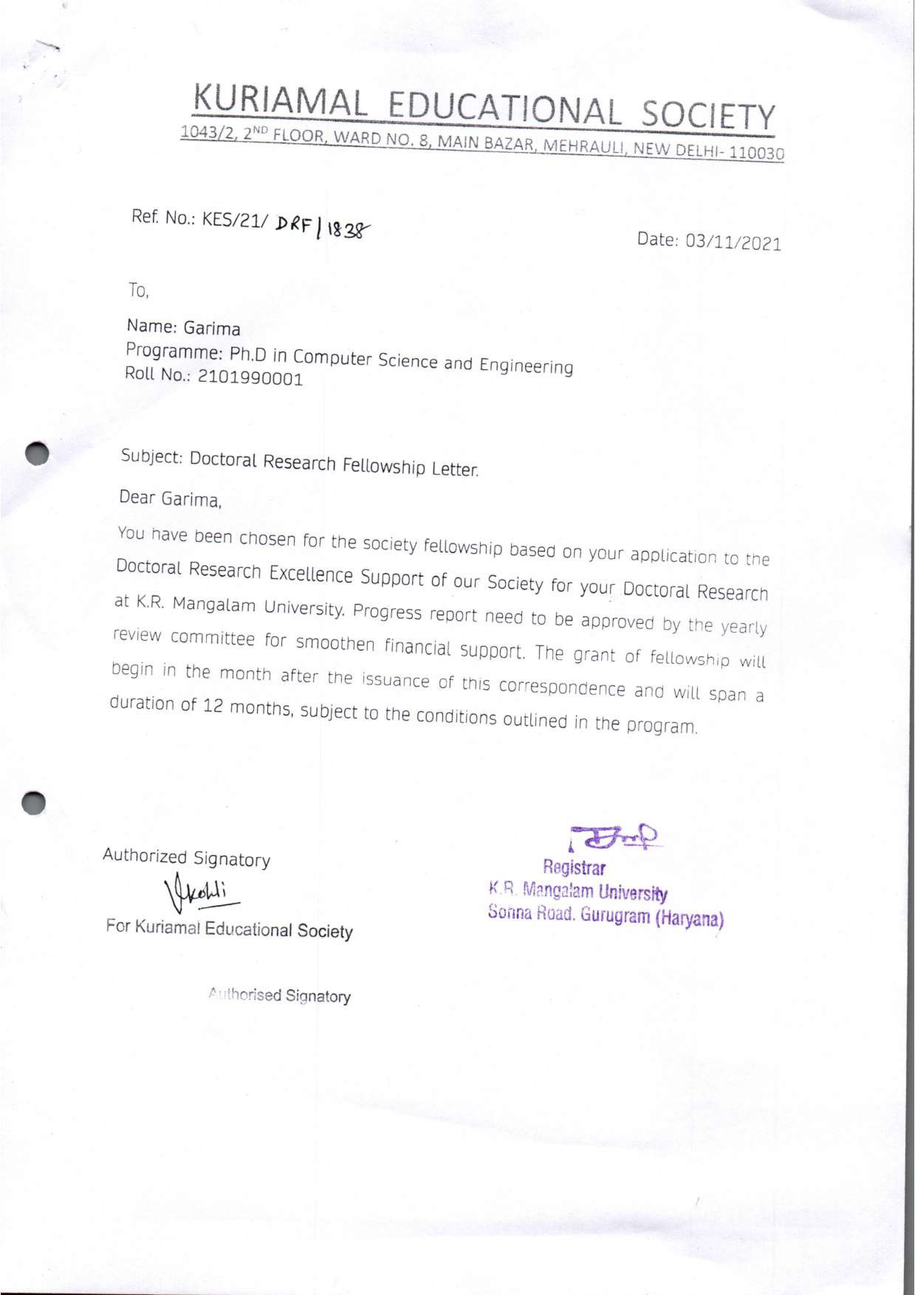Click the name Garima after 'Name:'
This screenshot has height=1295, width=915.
click(x=212, y=328)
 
